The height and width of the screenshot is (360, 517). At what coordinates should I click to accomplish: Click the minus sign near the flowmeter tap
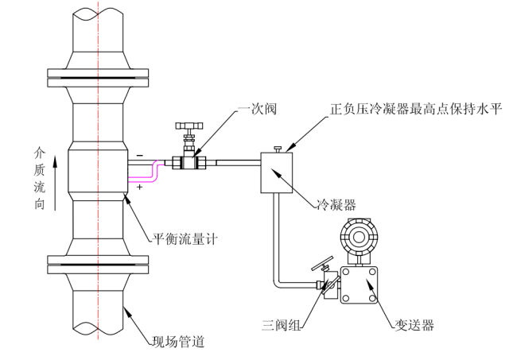point(140,155)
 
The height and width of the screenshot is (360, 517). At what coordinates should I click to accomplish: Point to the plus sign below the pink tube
point(140,187)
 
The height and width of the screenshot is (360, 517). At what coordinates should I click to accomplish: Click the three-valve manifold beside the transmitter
point(326,281)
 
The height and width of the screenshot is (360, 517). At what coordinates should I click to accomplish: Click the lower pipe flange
point(99,264)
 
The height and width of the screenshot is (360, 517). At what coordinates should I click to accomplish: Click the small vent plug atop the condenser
point(276,149)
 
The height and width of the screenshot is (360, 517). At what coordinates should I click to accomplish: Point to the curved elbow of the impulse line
point(279,281)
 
